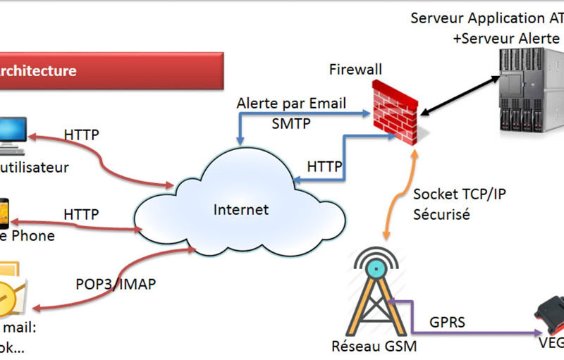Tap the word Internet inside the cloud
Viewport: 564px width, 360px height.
pos(241,209)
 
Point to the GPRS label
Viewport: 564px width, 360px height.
pos(448,322)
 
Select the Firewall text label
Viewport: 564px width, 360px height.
pos(355,69)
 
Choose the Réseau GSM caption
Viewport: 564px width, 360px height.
pos(374,347)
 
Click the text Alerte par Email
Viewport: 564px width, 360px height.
pos(291,104)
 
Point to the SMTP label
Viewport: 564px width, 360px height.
pos(290,123)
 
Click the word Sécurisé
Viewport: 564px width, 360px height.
pos(441,215)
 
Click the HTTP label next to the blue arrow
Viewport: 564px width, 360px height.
pos(324,167)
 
